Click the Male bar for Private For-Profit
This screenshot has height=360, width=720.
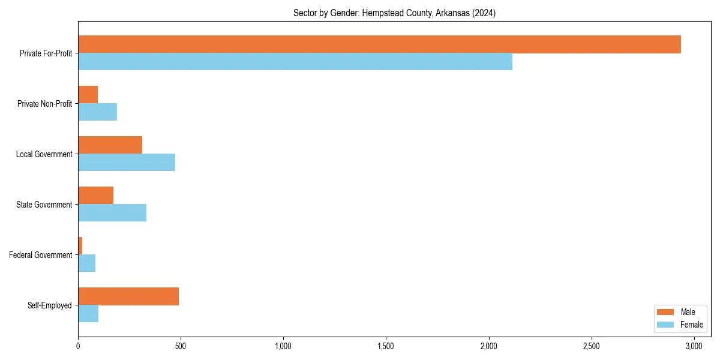pyautogui.click(x=379, y=44)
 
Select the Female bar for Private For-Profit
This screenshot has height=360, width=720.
pyautogui.click(x=295, y=62)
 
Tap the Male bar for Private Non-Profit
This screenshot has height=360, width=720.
pyautogui.click(x=88, y=95)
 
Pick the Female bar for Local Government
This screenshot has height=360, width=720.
pyautogui.click(x=127, y=163)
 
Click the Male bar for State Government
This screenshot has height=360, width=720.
pyautogui.click(x=96, y=196)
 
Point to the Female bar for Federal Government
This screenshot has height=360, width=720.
pyautogui.click(x=87, y=263)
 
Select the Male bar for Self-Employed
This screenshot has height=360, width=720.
pyautogui.click(x=128, y=296)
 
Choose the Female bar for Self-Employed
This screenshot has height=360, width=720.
pyautogui.click(x=88, y=314)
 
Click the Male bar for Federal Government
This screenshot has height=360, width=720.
pyautogui.click(x=80, y=246)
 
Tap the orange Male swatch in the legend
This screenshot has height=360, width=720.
pyautogui.click(x=666, y=312)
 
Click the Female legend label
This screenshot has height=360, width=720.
pyautogui.click(x=691, y=325)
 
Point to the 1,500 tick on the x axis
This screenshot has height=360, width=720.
pyautogui.click(x=386, y=346)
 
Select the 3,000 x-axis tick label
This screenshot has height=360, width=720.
pyautogui.click(x=694, y=346)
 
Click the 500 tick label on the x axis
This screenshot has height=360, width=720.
pyautogui.click(x=181, y=346)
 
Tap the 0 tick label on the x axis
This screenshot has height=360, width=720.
pyautogui.click(x=78, y=346)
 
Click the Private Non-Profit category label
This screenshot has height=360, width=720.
pyautogui.click(x=44, y=104)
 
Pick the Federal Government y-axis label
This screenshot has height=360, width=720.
pyautogui.click(x=41, y=255)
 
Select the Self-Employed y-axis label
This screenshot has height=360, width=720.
pyautogui.click(x=50, y=305)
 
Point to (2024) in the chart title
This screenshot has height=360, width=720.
pyautogui.click(x=484, y=13)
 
